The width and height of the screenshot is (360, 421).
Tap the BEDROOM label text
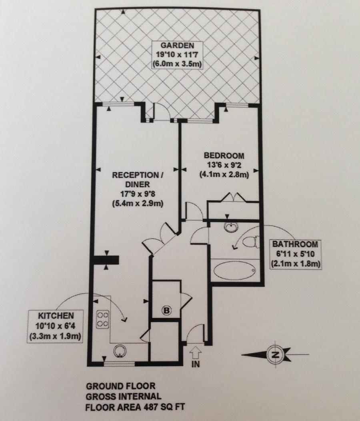[x=224, y=156]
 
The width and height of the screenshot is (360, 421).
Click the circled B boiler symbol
[x=165, y=309]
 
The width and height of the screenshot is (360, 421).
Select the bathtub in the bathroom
[x=234, y=271]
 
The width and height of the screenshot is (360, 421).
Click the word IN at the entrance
[x=196, y=364]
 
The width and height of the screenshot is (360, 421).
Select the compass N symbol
[x=275, y=354]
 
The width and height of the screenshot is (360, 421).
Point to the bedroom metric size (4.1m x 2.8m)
[x=224, y=174]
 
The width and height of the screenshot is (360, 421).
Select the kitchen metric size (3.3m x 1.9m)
[x=55, y=336]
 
